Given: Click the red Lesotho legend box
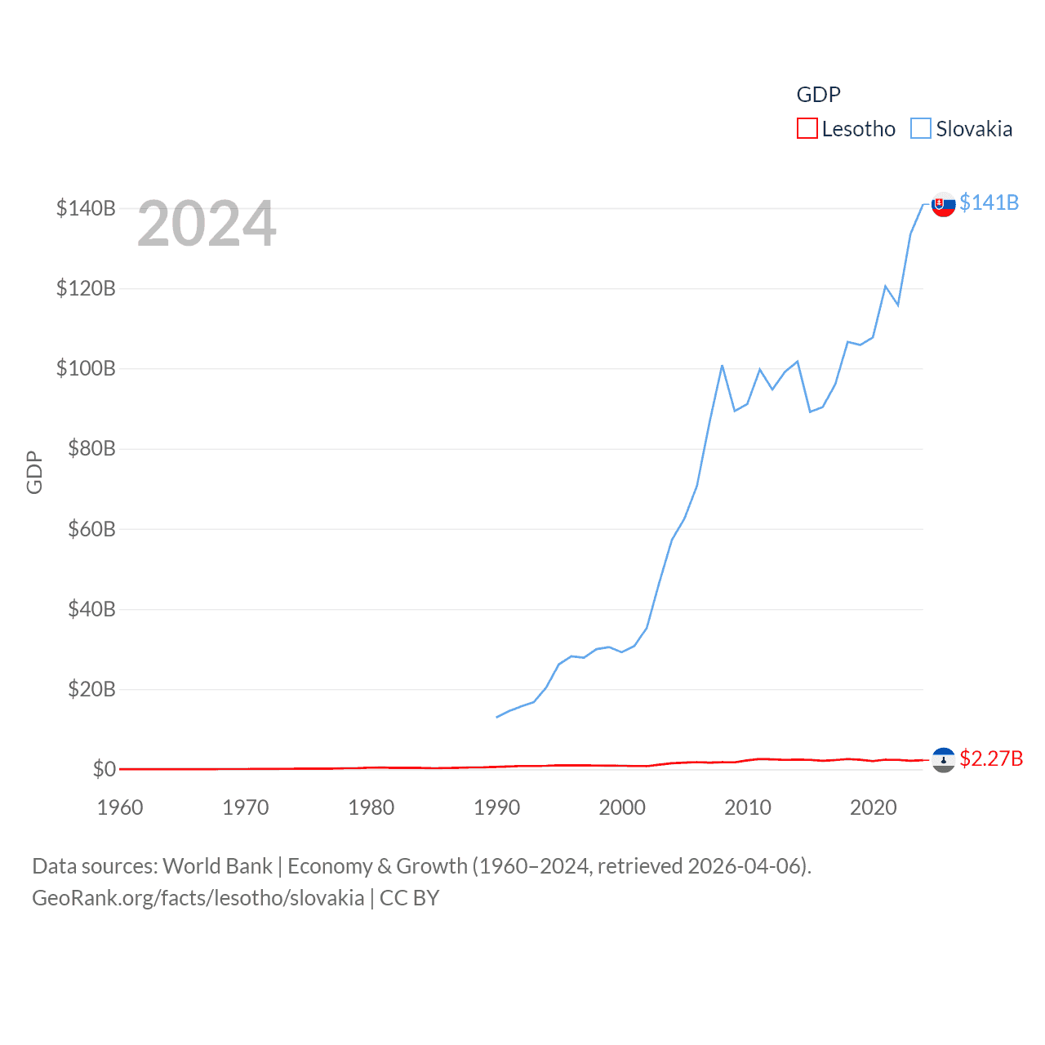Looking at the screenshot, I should tap(807, 129).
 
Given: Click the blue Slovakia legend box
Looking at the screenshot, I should tap(921, 129).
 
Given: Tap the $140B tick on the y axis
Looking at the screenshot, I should tap(86, 208).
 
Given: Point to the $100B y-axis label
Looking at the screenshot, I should tap(86, 368).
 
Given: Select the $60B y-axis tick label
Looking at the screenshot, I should tap(91, 529).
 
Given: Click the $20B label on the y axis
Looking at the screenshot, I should tap(91, 689).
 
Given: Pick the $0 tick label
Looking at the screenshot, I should tap(104, 769).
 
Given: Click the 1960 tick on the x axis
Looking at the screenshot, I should tap(120, 807).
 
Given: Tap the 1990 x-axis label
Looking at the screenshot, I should tap(496, 807).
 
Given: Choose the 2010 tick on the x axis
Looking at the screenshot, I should tap(748, 807).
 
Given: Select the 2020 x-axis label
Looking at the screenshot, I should tap(874, 807).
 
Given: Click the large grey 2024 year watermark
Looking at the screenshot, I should tap(207, 225).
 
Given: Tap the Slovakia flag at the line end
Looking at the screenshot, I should tap(944, 204).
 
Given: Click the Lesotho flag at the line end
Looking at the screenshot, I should tap(944, 760).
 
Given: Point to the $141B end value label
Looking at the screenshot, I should tap(989, 202).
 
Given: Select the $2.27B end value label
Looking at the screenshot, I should tap(991, 758).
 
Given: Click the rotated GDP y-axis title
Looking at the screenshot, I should tap(34, 472).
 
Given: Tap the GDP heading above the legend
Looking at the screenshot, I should tap(818, 95).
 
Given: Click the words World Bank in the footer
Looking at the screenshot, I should tap(217, 866).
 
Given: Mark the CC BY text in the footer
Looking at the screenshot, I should tap(409, 898).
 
